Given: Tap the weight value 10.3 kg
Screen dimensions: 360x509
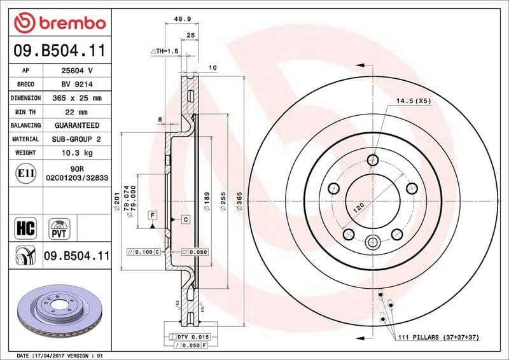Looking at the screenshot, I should (77, 153).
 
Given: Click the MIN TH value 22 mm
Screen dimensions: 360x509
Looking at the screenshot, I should (77, 112).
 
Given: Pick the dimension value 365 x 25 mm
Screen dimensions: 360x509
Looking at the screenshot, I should (77, 98).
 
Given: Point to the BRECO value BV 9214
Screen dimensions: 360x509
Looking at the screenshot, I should (77, 84).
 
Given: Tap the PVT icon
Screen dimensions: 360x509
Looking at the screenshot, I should (59, 226).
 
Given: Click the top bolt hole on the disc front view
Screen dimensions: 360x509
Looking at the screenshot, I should (373, 160).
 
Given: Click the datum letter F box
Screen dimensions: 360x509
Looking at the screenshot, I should (153, 216).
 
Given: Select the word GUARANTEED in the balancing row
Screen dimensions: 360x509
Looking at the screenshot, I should (77, 125).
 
